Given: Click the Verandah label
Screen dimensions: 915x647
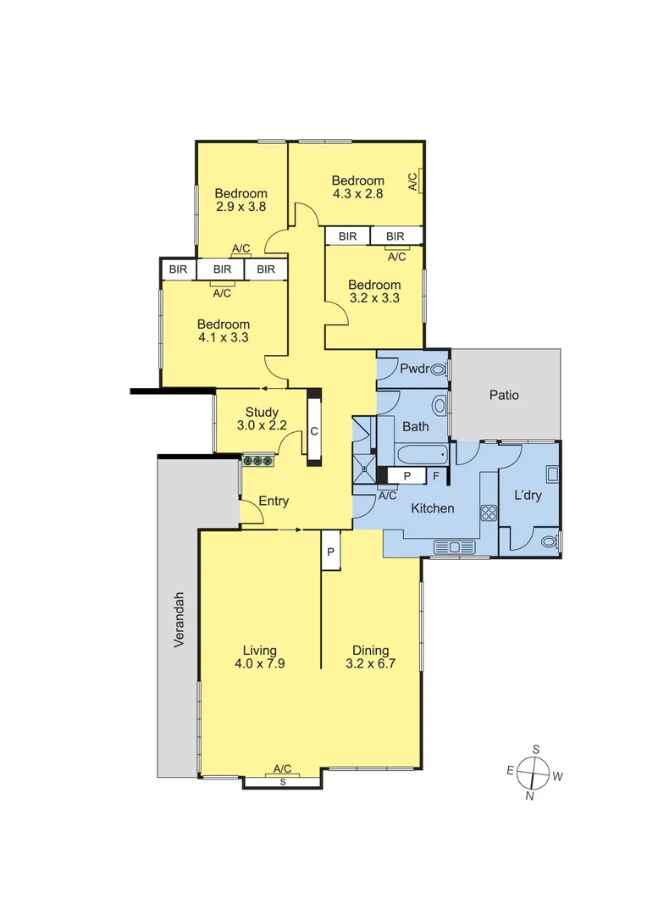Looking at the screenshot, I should (179, 620).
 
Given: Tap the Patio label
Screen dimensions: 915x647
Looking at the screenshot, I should (505, 395).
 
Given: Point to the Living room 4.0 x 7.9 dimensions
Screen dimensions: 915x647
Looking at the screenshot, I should (260, 664).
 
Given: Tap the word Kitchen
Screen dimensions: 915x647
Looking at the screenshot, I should (433, 508).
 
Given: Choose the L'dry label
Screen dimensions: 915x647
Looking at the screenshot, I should (528, 496).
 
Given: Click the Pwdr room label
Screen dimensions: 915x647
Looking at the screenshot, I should (415, 369).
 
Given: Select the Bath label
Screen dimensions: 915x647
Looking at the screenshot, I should (416, 426).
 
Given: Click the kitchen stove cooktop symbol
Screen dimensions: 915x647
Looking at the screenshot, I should (489, 512).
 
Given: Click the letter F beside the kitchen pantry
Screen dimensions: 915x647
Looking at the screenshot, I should (435, 475).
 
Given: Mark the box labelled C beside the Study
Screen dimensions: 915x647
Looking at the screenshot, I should (314, 431).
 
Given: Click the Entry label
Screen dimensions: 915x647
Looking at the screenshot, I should (274, 501).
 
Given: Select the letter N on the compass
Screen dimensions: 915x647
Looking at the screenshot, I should (530, 796).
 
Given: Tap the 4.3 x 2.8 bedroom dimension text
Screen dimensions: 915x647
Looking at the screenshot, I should (357, 193).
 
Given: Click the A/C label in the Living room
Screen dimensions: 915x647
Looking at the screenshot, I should (283, 769).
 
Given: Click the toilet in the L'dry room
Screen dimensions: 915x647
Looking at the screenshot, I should (549, 541).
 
